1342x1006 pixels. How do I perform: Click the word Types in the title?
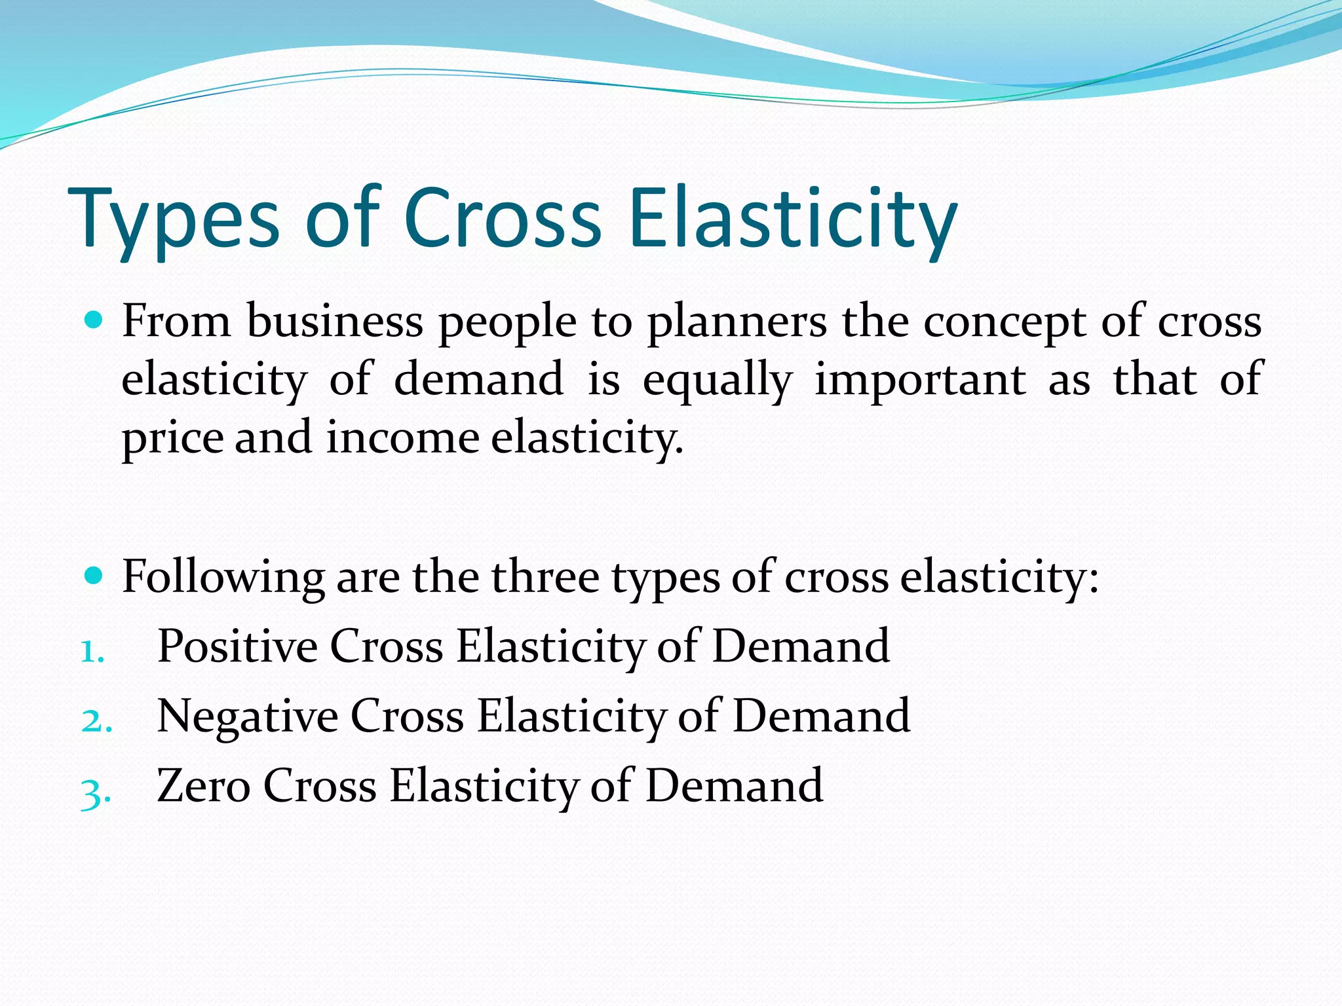pyautogui.click(x=174, y=219)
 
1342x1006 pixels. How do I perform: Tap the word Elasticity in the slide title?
pyautogui.click(x=792, y=219)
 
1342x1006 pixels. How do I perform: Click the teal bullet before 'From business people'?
pyautogui.click(x=94, y=320)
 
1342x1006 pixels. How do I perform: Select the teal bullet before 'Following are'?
pyautogui.click(x=94, y=576)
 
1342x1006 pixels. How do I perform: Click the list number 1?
pyautogui.click(x=92, y=652)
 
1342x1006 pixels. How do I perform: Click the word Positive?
pyautogui.click(x=237, y=646)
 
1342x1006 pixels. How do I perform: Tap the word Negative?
pyautogui.click(x=248, y=716)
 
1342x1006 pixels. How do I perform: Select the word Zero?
pyautogui.click(x=203, y=785)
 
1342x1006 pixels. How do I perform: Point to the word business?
pyautogui.click(x=335, y=321)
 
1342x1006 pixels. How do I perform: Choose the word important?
pyautogui.click(x=919, y=380)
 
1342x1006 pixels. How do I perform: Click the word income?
pyautogui.click(x=402, y=438)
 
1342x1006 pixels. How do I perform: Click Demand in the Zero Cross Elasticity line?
pyautogui.click(x=734, y=785)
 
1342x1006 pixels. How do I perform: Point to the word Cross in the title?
pyautogui.click(x=502, y=219)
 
